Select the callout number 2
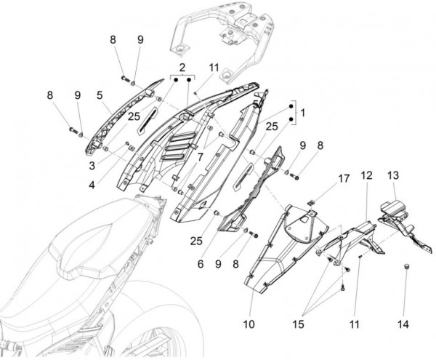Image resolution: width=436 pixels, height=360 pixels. point(181,65)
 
